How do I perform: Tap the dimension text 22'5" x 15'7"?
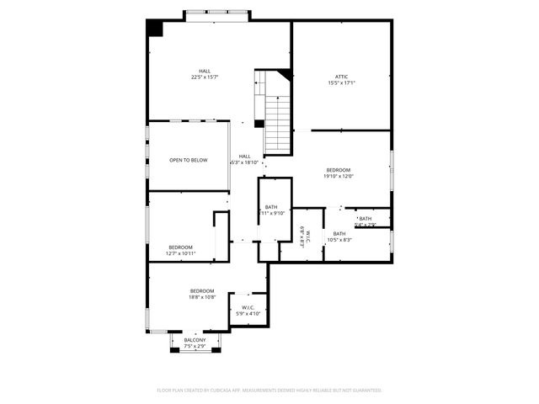coord(205,77)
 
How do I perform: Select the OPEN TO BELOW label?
coord(188,160)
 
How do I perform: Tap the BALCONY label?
coord(195,340)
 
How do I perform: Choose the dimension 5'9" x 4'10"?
coord(248,314)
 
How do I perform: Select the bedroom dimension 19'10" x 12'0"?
coord(339,177)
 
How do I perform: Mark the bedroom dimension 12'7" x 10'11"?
coord(180,253)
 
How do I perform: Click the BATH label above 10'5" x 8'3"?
coord(339,233)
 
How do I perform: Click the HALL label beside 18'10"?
coord(244,156)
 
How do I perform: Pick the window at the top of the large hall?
coord(217,13)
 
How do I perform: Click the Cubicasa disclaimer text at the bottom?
coord(269,391)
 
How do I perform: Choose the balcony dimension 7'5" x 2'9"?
coord(195,346)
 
